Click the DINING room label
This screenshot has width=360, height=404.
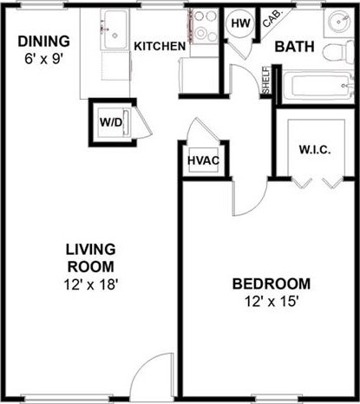41,40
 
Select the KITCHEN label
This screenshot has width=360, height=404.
160,46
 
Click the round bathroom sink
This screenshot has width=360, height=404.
337,23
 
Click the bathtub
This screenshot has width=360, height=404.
313,85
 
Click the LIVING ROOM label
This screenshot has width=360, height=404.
90,258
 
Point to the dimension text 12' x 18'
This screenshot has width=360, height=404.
90,283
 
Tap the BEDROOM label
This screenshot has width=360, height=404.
271,284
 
